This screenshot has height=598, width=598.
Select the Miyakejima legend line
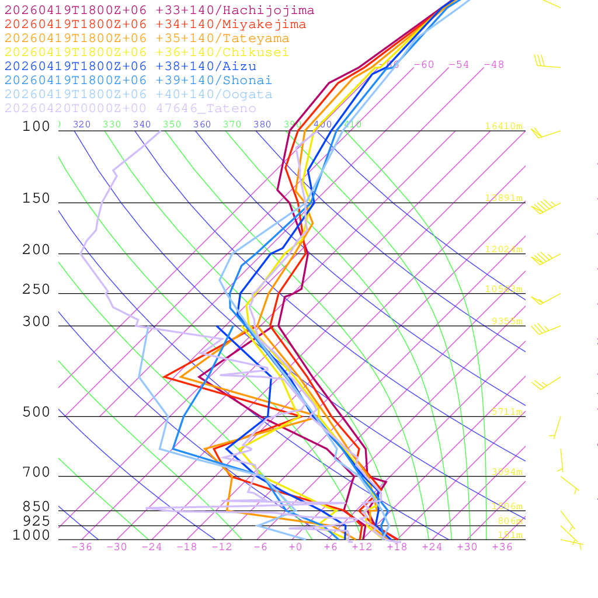[x=155, y=25]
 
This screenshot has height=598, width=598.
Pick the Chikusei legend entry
[x=147, y=53]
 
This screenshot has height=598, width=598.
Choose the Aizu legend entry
[x=130, y=67]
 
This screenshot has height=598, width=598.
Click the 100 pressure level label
[x=36, y=126]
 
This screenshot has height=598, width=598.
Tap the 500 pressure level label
[x=36, y=412]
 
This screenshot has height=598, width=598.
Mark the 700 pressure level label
[x=36, y=472]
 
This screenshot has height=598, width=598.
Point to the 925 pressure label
[x=36, y=521]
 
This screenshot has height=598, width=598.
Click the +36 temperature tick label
[x=502, y=547]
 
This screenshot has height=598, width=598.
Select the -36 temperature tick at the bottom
[x=82, y=547]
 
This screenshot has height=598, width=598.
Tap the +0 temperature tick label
[x=295, y=547]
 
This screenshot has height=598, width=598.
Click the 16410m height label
[x=503, y=126]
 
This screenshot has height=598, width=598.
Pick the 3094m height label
[x=506, y=472]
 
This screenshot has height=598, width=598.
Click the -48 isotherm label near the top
[x=493, y=65]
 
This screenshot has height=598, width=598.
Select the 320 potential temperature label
[x=82, y=124]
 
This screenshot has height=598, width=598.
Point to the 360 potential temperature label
[x=202, y=124]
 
